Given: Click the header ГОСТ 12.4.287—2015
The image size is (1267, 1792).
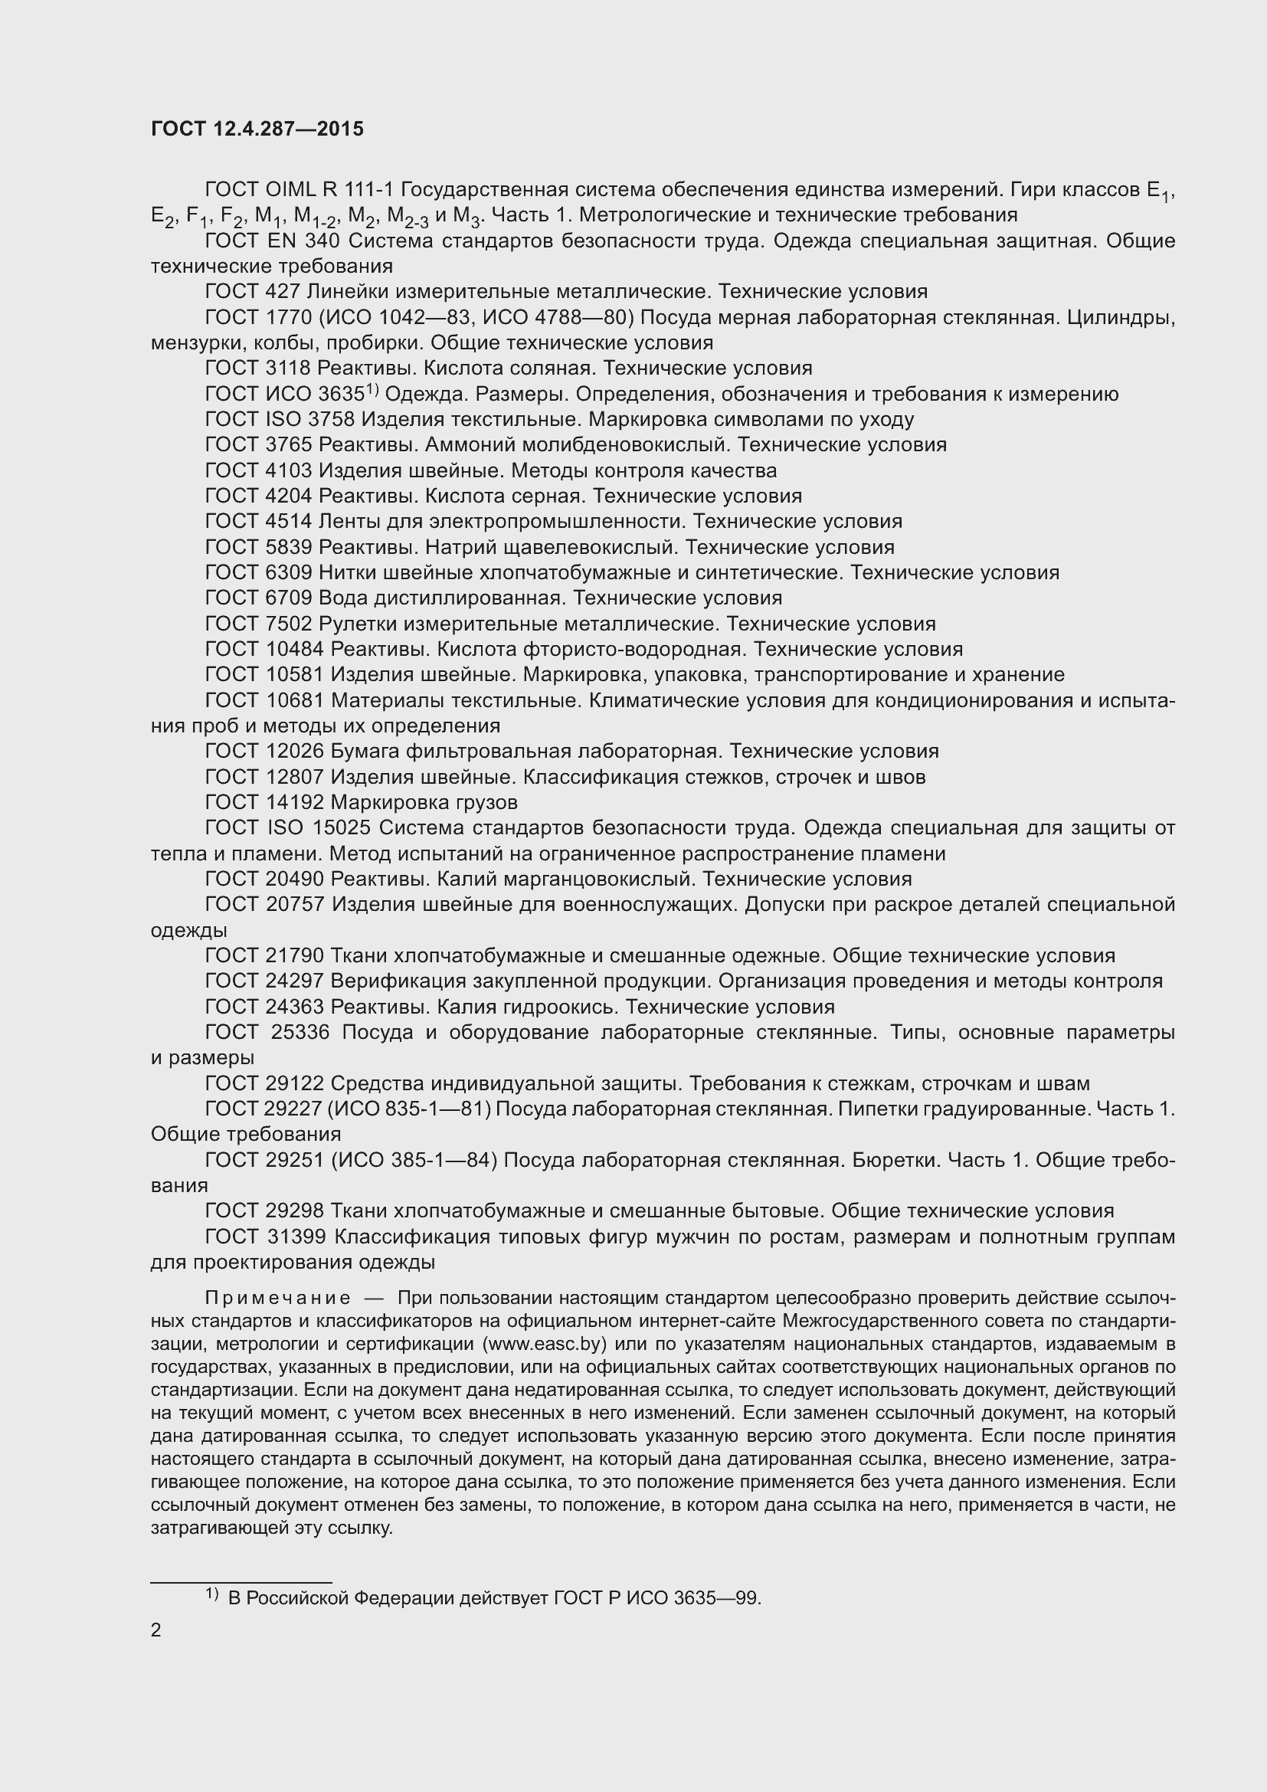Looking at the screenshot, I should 257,129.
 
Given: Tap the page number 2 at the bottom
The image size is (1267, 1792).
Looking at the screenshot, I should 156,1630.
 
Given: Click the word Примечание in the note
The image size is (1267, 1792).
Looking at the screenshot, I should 278,1297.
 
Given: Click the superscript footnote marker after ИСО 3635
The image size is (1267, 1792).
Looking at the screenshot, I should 372,389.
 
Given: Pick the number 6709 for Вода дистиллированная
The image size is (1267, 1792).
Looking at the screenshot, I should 288,598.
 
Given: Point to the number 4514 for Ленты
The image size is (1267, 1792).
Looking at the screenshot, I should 288,522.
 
